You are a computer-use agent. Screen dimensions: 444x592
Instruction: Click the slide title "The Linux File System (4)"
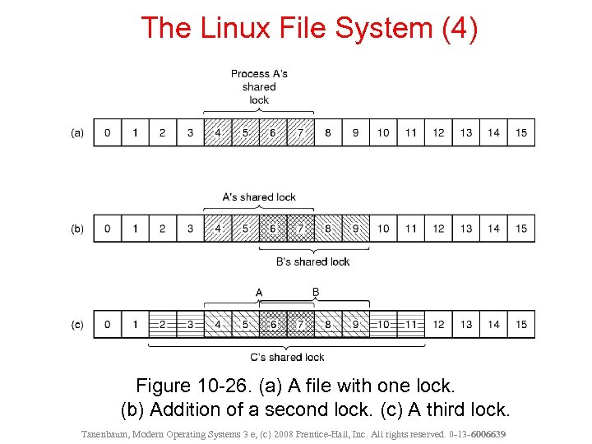point(308,27)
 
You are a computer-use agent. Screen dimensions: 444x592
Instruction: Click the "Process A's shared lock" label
point(259,86)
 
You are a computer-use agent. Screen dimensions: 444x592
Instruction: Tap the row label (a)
point(77,133)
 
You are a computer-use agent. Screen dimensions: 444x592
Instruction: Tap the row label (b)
point(77,229)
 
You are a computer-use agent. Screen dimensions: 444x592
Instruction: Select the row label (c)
point(77,325)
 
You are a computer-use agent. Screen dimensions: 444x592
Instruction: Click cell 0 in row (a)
point(108,133)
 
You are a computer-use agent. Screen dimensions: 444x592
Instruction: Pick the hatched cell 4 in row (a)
point(218,133)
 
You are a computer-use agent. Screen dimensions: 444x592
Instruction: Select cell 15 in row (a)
point(521,133)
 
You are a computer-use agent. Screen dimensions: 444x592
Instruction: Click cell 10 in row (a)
point(383,133)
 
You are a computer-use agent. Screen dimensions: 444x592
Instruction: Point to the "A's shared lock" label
point(259,197)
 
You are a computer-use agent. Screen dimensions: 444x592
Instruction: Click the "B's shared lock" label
point(312,261)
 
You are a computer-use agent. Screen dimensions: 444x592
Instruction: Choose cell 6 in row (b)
point(273,229)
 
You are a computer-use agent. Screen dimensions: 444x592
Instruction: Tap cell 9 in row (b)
point(355,229)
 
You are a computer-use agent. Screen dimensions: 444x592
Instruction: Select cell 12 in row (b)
point(438,229)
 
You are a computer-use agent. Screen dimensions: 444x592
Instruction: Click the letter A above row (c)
point(259,293)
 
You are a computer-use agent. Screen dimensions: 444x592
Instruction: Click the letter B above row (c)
point(315,292)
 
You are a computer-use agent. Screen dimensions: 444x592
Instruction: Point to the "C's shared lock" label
point(287,357)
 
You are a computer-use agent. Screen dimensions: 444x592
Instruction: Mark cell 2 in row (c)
point(163,325)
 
